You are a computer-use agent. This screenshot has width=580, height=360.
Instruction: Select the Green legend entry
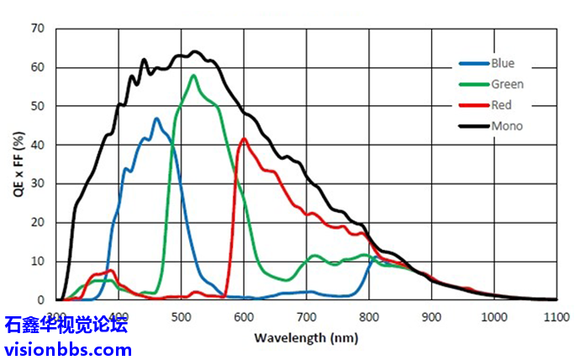click(x=507, y=84)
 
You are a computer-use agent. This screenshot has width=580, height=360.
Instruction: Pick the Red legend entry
click(x=501, y=105)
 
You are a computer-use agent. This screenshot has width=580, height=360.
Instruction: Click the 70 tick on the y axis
click(x=37, y=29)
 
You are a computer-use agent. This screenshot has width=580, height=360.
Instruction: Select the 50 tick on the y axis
click(x=37, y=106)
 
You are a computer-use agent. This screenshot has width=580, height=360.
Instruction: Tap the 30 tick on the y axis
click(x=37, y=183)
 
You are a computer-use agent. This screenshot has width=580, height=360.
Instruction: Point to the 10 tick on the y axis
click(x=37, y=261)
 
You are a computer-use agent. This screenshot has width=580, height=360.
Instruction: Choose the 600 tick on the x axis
click(x=244, y=315)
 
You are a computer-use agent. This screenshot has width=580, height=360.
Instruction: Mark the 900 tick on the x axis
click(x=431, y=315)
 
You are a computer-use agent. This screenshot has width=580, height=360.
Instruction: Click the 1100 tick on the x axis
click(x=556, y=315)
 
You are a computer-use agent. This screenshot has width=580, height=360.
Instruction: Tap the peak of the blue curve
click(x=156, y=119)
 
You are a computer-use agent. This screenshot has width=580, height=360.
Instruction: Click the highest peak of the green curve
click(x=194, y=76)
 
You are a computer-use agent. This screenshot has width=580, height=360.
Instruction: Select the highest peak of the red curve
click(x=244, y=139)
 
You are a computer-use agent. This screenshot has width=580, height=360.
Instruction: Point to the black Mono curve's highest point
click(x=195, y=51)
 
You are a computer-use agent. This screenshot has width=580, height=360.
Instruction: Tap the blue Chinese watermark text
click(x=66, y=326)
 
